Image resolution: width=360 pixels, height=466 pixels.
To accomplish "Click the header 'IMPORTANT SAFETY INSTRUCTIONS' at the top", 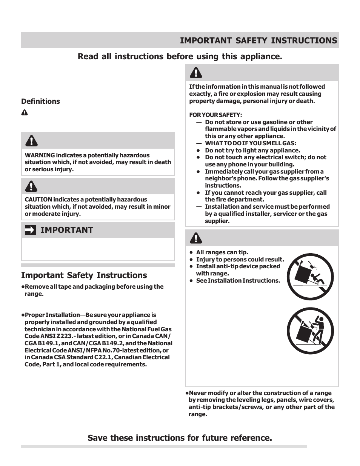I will tap(258, 40).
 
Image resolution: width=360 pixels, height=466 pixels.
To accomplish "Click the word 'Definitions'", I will tap(40, 101).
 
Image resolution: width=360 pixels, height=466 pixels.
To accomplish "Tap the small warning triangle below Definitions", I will tap(25, 112).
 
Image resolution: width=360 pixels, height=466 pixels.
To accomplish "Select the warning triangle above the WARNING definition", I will tap(31, 141).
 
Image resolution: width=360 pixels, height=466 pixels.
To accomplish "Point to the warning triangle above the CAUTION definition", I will tap(31, 186).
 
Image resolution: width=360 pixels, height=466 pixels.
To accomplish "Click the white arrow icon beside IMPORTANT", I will tap(31, 230).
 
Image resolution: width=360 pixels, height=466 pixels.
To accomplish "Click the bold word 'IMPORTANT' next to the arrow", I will tap(66, 230).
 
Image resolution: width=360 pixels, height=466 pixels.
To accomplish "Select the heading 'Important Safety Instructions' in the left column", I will tap(84, 275).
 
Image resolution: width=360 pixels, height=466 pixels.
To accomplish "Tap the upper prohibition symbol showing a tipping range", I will tap(311, 276).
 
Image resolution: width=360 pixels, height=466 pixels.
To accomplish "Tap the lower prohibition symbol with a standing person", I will tap(311, 331).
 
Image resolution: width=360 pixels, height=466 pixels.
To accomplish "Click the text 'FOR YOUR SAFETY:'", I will tap(215, 115).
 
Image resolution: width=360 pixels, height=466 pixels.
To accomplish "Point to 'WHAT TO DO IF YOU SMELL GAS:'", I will tap(250, 143).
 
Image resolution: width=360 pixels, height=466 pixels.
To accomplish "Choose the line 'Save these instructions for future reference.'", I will tap(180, 438).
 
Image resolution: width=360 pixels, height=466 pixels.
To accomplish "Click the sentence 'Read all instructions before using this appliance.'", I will tap(180, 56).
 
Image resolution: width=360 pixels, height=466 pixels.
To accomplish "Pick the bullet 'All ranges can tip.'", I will tap(222, 252).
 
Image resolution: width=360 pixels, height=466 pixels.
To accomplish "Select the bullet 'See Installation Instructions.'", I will tap(238, 280).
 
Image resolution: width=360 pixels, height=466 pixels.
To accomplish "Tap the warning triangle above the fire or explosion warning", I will tap(196, 72).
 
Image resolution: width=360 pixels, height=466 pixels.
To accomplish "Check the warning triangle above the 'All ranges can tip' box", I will tap(196, 238).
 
